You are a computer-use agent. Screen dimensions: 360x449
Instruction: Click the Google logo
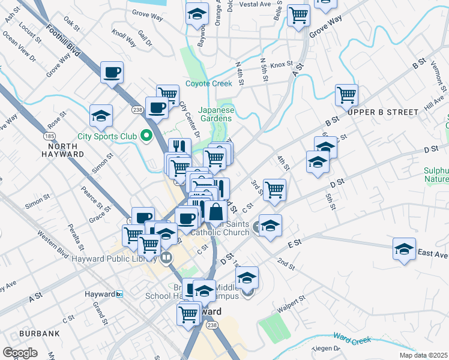[20, 353]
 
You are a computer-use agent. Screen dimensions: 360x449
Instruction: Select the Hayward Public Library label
[118, 259]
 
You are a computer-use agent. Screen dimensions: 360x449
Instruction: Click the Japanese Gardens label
[216, 114]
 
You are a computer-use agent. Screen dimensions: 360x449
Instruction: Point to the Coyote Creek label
[208, 84]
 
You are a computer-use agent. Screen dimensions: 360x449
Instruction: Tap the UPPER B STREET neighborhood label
[384, 112]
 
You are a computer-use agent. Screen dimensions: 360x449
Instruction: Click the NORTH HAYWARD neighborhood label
[58, 149]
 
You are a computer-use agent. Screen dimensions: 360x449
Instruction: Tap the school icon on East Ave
[405, 249]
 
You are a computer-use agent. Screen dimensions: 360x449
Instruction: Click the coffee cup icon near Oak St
[112, 73]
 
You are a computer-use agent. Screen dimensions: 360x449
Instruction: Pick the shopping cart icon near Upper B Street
[346, 94]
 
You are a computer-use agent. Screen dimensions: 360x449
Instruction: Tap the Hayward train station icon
[120, 294]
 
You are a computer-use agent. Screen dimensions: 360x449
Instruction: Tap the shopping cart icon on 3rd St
[274, 190]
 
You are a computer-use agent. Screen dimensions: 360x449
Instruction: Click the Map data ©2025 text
[423, 355]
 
